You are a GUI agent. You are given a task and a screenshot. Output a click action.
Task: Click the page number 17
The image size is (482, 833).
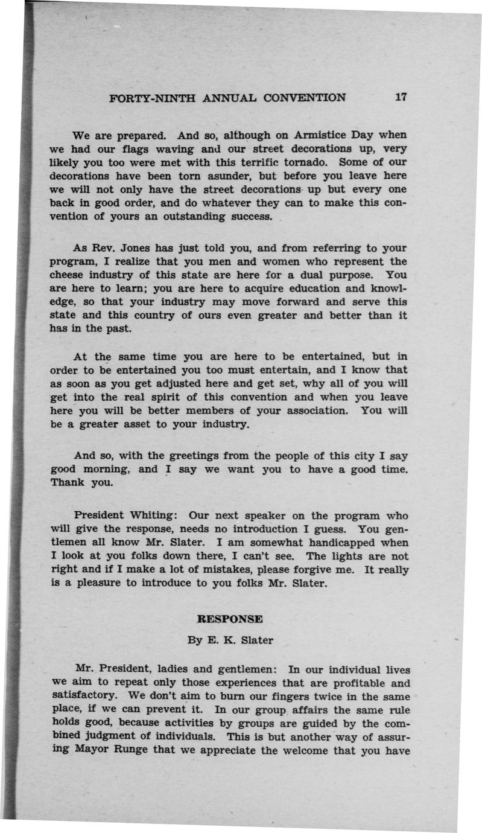click(401, 97)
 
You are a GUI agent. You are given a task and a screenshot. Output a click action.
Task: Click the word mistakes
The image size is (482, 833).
click(238, 570)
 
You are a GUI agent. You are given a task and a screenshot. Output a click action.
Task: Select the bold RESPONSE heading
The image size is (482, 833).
click(230, 619)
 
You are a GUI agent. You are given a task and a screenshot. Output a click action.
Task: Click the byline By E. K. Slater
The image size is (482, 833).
click(230, 640)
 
